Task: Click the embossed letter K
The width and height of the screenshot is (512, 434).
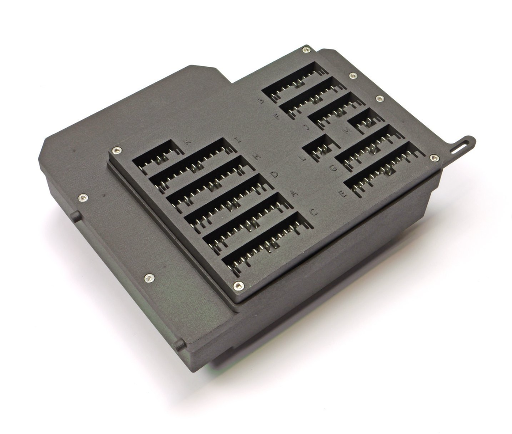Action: [187, 142]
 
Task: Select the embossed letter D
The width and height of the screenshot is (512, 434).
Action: [274, 174]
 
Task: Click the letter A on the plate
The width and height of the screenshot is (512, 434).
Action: [294, 193]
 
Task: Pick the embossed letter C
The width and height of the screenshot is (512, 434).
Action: [314, 212]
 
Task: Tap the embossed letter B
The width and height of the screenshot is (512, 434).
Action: [260, 100]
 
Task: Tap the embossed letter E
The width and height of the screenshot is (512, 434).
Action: [344, 194]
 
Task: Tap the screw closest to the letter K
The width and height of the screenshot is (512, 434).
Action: [117, 150]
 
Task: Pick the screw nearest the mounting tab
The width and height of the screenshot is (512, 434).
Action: [435, 158]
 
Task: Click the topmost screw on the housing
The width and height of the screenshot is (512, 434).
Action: [306, 50]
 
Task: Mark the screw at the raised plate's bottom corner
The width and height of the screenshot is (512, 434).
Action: [239, 286]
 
